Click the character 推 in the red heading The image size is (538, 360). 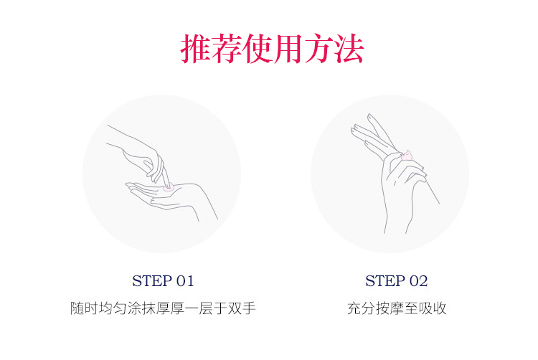click(196, 48)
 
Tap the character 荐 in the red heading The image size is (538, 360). click(227, 48)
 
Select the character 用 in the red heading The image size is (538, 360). click(287, 48)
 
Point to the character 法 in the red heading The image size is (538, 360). click(348, 48)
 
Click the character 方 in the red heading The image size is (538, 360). click(318, 48)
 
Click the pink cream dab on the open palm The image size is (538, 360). click(168, 187)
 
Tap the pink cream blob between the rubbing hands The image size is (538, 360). click(407, 156)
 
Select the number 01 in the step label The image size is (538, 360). click(185, 281)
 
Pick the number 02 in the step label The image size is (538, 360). click(419, 281)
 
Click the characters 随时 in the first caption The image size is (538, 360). click(84, 308)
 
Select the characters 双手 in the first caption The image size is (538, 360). click(242, 308)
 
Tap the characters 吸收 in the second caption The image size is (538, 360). click(433, 308)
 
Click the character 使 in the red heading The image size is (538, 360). click(257, 48)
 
